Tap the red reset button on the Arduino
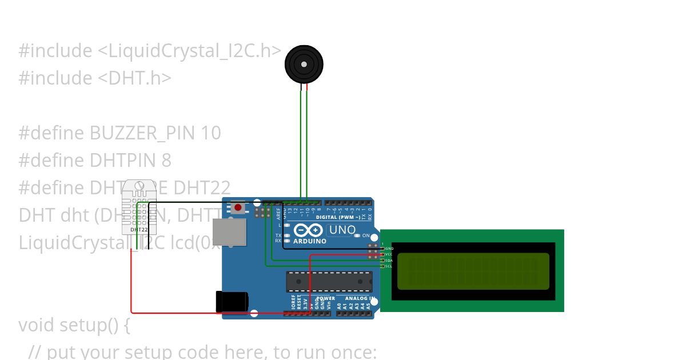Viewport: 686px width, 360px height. pos(238,207)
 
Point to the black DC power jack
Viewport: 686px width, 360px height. pos(231,302)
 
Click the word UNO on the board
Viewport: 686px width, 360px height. pos(342,230)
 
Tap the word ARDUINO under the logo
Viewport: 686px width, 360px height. pos(309,241)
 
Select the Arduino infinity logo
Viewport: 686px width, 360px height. pos(309,230)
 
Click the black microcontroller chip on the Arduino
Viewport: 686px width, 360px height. pos(329,282)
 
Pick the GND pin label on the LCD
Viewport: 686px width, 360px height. pos(389,249)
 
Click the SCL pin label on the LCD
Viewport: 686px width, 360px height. pos(389,266)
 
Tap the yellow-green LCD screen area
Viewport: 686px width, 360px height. pos(473,271)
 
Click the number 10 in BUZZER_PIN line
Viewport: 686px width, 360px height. pos(211,133)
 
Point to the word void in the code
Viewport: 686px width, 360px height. pos(38,325)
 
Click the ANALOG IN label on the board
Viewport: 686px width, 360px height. pos(360,298)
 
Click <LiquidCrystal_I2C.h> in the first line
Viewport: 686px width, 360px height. pos(189,51)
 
